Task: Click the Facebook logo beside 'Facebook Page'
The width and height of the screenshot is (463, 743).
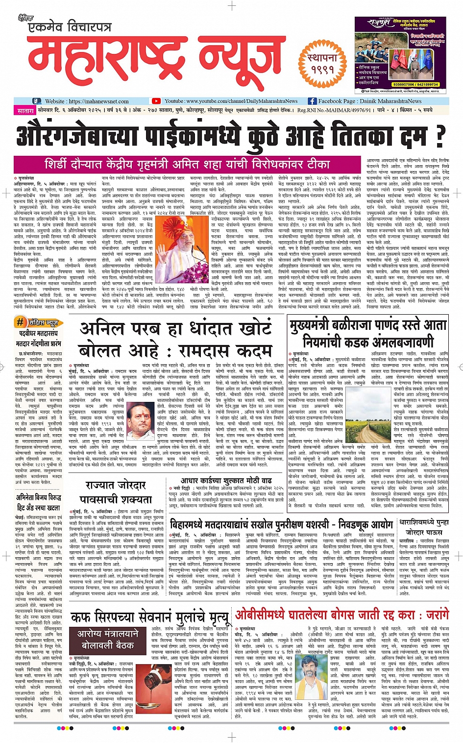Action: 312,101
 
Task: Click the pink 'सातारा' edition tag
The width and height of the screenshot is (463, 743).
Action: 25,111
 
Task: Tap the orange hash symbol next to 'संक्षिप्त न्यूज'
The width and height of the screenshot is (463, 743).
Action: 20,322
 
